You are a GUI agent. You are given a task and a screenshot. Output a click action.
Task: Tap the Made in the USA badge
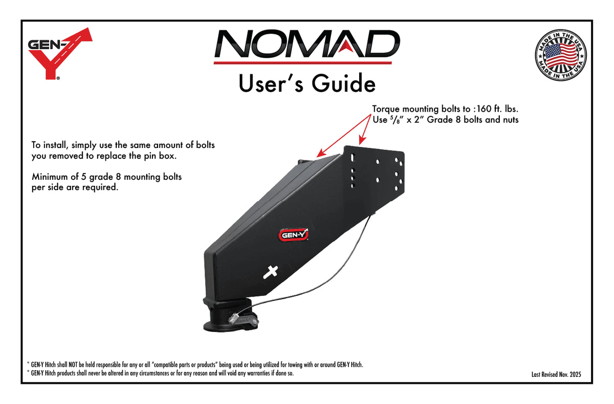point(561,55)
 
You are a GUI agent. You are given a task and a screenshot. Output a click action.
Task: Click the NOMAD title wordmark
point(307,44)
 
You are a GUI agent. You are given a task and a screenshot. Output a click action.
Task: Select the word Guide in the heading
point(343,83)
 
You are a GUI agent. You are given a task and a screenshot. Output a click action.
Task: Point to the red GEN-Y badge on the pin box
point(294,235)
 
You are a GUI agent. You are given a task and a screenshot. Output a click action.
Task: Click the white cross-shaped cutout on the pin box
point(271,272)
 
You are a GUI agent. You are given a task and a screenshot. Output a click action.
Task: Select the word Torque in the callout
point(386,110)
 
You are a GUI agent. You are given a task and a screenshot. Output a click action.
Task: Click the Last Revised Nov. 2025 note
point(556,374)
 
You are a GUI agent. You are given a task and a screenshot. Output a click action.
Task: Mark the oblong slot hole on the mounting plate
point(353,158)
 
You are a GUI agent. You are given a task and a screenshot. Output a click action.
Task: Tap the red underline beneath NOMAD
point(302,63)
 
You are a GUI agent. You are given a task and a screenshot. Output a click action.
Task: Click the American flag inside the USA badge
point(561,56)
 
